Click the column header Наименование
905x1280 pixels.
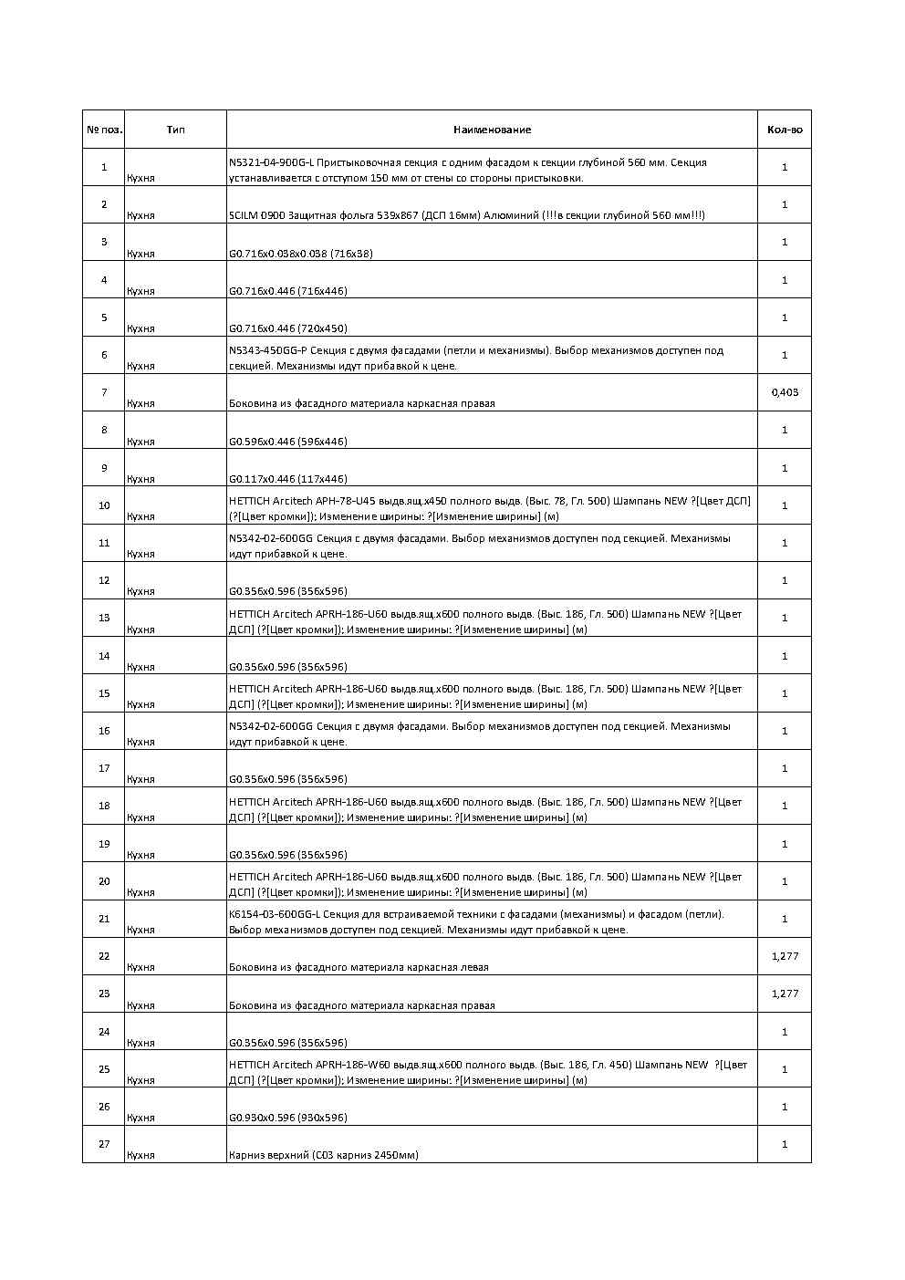tap(492, 130)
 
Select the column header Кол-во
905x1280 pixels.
tap(784, 130)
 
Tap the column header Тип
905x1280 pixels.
tap(175, 130)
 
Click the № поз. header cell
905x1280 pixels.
tap(104, 130)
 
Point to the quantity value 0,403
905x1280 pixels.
tap(784, 392)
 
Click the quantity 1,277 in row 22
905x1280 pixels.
tap(784, 956)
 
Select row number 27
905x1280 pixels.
tap(104, 1144)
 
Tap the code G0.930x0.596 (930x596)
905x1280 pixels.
tap(287, 1118)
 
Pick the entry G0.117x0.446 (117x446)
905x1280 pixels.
tap(287, 479)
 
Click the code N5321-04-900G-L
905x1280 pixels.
tap(271, 162)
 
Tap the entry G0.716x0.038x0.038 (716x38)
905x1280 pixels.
tap(300, 254)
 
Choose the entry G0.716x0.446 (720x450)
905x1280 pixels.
tap(287, 328)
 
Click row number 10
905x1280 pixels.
tap(104, 505)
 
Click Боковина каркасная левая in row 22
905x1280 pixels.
tap(358, 967)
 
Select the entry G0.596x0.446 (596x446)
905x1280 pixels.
tap(287, 442)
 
